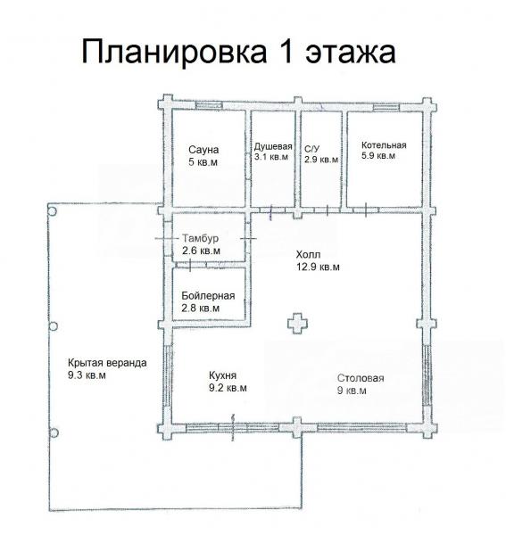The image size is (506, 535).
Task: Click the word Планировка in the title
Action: pyautogui.click(x=174, y=53)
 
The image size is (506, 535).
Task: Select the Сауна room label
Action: pyautogui.click(x=203, y=150)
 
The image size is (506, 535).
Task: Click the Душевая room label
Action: pyautogui.click(x=273, y=147)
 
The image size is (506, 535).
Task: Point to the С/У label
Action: pyautogui.click(x=312, y=149)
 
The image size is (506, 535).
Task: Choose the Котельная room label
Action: pyautogui.click(x=384, y=145)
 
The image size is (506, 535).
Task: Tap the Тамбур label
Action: pyautogui.click(x=201, y=238)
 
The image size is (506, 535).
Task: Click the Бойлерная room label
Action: pyautogui.click(x=208, y=295)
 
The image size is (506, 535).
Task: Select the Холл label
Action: pyautogui.click(x=308, y=254)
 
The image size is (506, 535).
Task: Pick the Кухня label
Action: pyautogui.click(x=222, y=375)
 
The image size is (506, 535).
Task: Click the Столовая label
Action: pyautogui.click(x=361, y=378)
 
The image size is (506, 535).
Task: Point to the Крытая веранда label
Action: pyautogui.click(x=107, y=363)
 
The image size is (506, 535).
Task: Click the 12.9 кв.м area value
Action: pyautogui.click(x=318, y=267)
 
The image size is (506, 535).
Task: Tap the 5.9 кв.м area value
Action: pyautogui.click(x=378, y=156)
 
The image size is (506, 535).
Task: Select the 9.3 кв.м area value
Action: pyautogui.click(x=87, y=375)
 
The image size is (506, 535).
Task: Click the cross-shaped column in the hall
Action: pyautogui.click(x=297, y=323)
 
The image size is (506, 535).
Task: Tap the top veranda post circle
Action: pyautogui.click(x=53, y=211)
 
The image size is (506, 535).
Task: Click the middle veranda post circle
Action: pyautogui.click(x=53, y=326)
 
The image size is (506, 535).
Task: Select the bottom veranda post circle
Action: pyautogui.click(x=54, y=433)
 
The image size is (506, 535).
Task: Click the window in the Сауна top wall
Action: pyautogui.click(x=209, y=104)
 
